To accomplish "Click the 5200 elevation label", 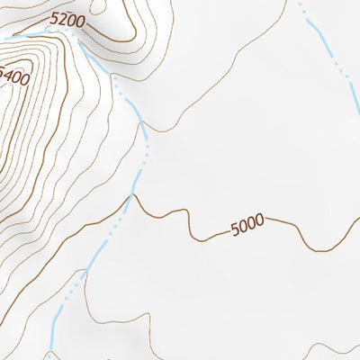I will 67,18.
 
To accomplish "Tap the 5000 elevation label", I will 247,225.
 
